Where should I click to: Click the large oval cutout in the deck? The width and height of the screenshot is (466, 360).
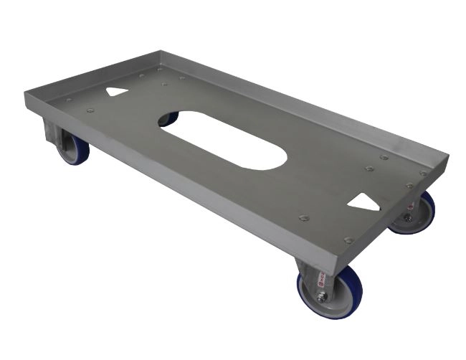coord(222,139)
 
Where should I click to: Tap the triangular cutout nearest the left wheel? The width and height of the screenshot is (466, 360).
coord(117,92)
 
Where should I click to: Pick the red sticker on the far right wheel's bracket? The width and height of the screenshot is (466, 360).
coord(406,204)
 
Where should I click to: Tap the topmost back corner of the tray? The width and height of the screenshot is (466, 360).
coord(159,51)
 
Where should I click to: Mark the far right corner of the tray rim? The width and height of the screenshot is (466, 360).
coord(447,156)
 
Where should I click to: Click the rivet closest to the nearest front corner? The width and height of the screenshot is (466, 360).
coord(348,240)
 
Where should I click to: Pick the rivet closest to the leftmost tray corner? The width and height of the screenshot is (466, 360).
coord(68,100)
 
